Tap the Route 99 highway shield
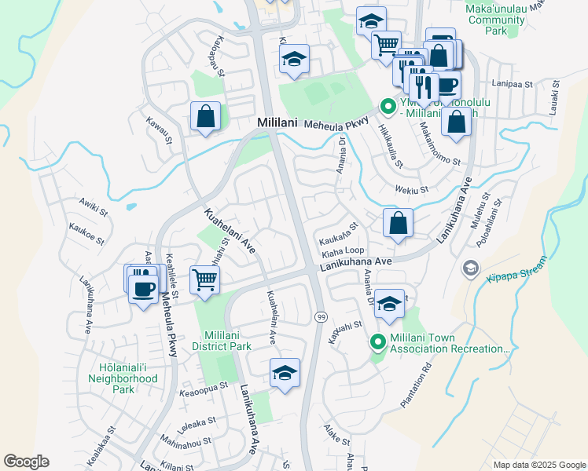tap(321, 316)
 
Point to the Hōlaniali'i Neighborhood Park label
tap(129, 378)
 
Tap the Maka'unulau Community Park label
tap(505, 19)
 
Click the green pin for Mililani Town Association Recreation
tap(378, 341)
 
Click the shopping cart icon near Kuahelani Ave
tap(204, 279)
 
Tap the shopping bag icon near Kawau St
tap(204, 116)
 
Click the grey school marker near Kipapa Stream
tap(470, 268)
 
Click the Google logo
tap(26, 462)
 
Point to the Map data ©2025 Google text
tap(538, 465)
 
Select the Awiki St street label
tap(93, 207)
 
